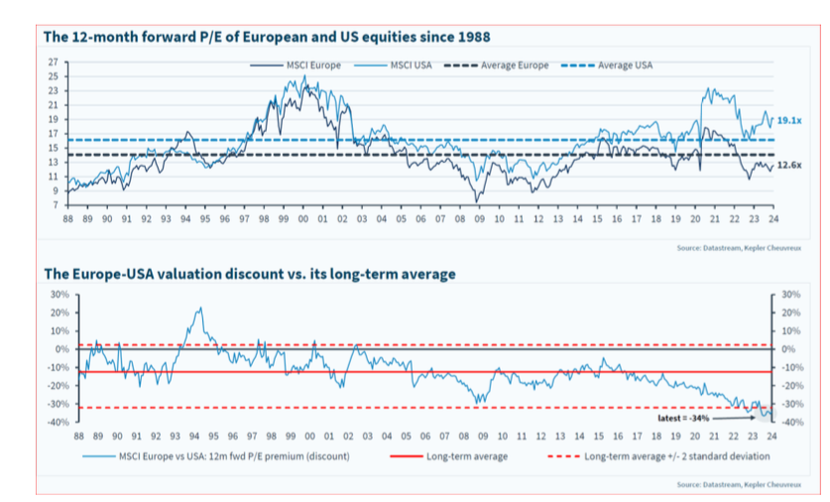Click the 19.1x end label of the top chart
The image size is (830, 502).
[789, 120]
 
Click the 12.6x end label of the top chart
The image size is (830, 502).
[789, 165]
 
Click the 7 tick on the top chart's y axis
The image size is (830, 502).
[54, 204]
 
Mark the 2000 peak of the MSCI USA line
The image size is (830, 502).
[303, 78]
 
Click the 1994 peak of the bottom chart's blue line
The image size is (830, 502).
[199, 309]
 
